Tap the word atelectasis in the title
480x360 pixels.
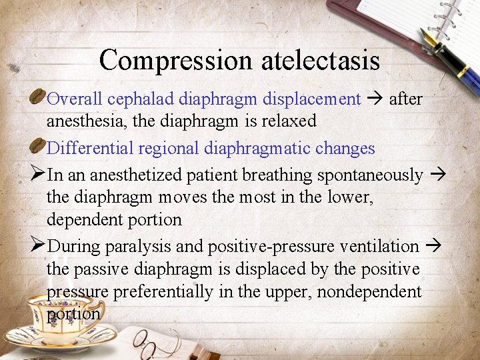click(320, 61)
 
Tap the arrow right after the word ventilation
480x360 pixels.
click(433, 247)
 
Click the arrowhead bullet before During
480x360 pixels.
click(38, 245)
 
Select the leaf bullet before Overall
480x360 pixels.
click(38, 99)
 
